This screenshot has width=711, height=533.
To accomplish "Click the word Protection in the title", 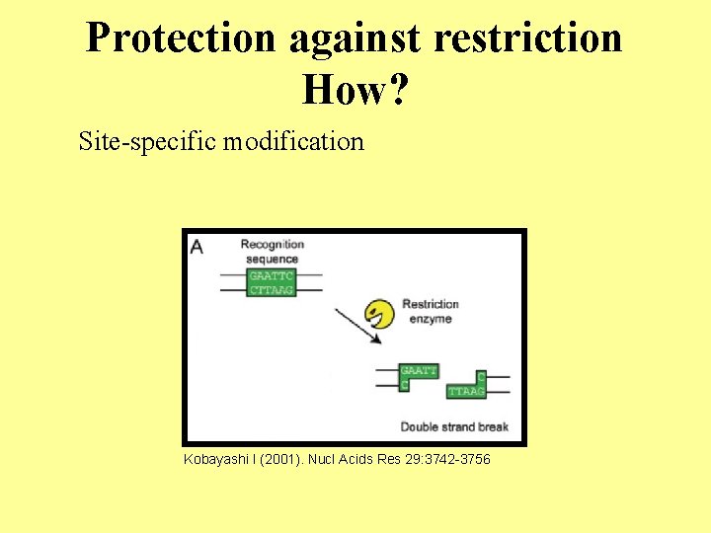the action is pyautogui.click(x=181, y=38).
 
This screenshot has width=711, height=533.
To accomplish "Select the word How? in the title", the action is pyautogui.click(x=355, y=90).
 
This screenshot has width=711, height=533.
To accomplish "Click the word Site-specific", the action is pyautogui.click(x=147, y=142).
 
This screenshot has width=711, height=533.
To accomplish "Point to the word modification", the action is pyautogui.click(x=293, y=142).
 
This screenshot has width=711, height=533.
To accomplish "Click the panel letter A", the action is pyautogui.click(x=197, y=246).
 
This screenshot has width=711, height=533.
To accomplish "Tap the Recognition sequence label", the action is pyautogui.click(x=272, y=251).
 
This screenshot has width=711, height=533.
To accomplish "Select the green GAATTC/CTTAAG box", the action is pyautogui.click(x=271, y=282).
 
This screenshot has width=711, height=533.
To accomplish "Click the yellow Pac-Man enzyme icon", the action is pyautogui.click(x=377, y=314).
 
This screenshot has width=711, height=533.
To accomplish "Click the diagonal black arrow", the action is pyautogui.click(x=358, y=327).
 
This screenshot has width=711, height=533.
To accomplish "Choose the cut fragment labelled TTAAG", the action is pyautogui.click(x=466, y=386).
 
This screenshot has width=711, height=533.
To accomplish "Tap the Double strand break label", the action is pyautogui.click(x=454, y=426).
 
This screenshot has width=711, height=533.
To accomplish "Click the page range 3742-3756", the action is pyautogui.click(x=454, y=460).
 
